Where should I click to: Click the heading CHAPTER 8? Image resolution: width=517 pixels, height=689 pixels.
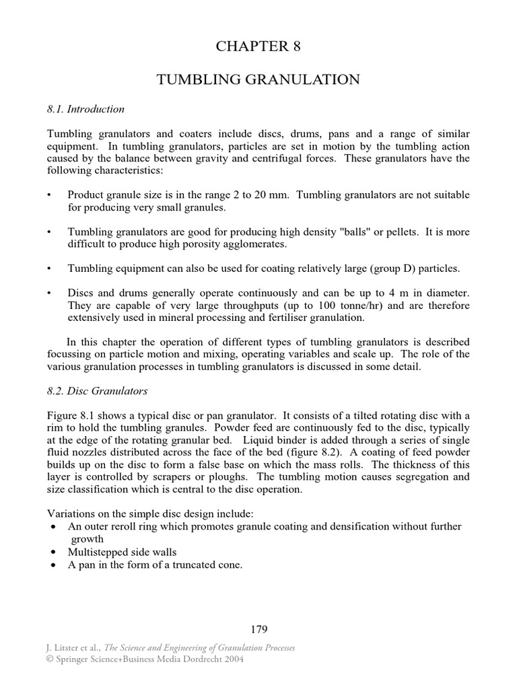tap(258, 46)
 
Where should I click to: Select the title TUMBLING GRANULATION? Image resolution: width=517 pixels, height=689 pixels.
tap(258, 81)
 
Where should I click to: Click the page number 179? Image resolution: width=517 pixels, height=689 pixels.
tap(259, 630)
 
